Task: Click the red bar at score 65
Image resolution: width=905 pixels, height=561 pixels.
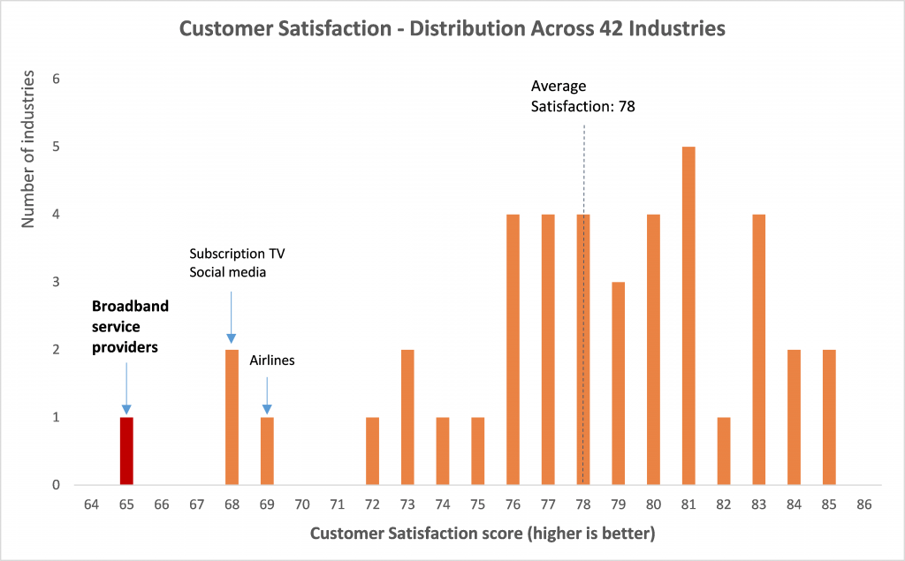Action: tap(126, 451)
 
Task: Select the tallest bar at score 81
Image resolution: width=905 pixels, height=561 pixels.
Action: tap(688, 315)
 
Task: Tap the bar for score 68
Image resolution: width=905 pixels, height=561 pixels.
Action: tap(232, 417)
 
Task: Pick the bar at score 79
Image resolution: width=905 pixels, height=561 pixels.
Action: tap(618, 383)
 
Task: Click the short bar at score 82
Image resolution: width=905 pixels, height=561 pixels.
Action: tap(724, 451)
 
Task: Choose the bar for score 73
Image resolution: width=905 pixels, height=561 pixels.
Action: tap(407, 417)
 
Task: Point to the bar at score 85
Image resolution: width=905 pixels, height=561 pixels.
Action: tap(829, 417)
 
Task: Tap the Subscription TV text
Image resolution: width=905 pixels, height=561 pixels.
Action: tap(237, 254)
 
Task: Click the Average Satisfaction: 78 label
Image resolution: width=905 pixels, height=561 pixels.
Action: tap(583, 96)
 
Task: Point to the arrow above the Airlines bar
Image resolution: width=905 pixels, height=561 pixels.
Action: tap(267, 395)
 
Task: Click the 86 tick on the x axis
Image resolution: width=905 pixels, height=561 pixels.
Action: tap(863, 504)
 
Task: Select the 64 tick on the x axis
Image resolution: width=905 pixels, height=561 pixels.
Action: tap(91, 504)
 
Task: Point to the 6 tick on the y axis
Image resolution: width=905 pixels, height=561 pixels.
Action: tap(55, 79)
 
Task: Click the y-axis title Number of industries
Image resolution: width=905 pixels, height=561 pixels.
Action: tap(29, 151)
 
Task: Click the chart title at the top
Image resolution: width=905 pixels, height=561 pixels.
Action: tap(452, 29)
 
